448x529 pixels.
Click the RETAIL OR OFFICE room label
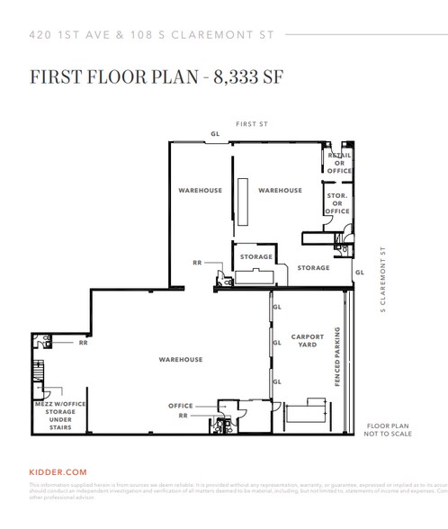coord(339,163)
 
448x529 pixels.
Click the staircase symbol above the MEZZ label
coord(38,371)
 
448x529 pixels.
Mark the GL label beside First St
coord(214,134)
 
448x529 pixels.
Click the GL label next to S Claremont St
coord(359,271)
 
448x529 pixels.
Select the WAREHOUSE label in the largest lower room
coord(180,359)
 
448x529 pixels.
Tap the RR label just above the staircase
coord(83,343)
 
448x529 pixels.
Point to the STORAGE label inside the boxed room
coord(255,257)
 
